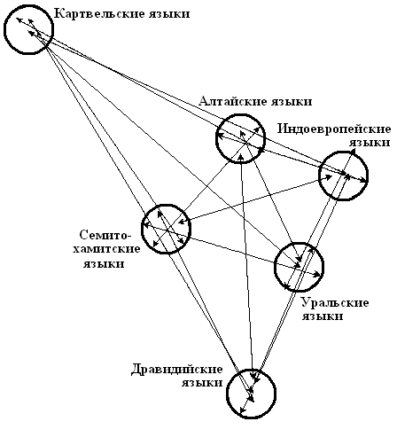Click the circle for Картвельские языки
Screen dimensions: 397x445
point(4,29)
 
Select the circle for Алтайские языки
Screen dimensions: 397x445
point(216,138)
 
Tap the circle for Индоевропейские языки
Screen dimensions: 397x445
point(319,176)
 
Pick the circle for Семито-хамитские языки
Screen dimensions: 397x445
point(143,229)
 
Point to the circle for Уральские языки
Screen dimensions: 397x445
point(275,267)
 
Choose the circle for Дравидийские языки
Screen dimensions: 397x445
point(228,393)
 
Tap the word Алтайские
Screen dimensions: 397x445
point(230,101)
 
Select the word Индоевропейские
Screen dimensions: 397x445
point(334,129)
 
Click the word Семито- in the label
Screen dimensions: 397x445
point(105,235)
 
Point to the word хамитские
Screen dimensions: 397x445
point(106,249)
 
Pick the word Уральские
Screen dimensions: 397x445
point(335,302)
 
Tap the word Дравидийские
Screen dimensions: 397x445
point(176,370)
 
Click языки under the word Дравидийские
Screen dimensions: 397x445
point(202,383)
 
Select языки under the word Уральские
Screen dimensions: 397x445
point(322,316)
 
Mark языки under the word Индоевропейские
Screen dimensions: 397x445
point(370,143)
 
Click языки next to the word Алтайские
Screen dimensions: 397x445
point(292,102)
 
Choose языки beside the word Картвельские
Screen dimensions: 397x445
point(169,14)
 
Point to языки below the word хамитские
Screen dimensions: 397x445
point(104,264)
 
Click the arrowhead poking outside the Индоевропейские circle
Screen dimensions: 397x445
point(353,151)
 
